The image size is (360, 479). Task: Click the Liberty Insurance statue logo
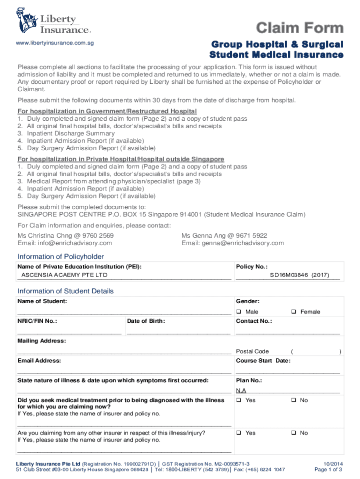tap(27, 21)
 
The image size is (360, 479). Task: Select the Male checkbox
tap(238, 312)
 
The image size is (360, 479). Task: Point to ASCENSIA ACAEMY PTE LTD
tap(65, 275)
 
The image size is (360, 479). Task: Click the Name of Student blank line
tap(124, 312)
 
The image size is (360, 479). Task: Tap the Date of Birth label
tap(146, 321)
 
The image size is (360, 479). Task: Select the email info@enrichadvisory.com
tap(65, 243)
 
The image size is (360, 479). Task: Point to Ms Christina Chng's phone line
tap(65, 235)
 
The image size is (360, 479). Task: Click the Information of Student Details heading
tap(65, 291)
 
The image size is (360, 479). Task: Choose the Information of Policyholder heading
tap(61, 256)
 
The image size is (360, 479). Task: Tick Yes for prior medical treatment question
tap(238, 400)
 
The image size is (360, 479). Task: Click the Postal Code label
tap(252, 351)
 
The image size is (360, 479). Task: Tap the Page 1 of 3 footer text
tap(328, 470)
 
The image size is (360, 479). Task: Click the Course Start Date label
tap(263, 361)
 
